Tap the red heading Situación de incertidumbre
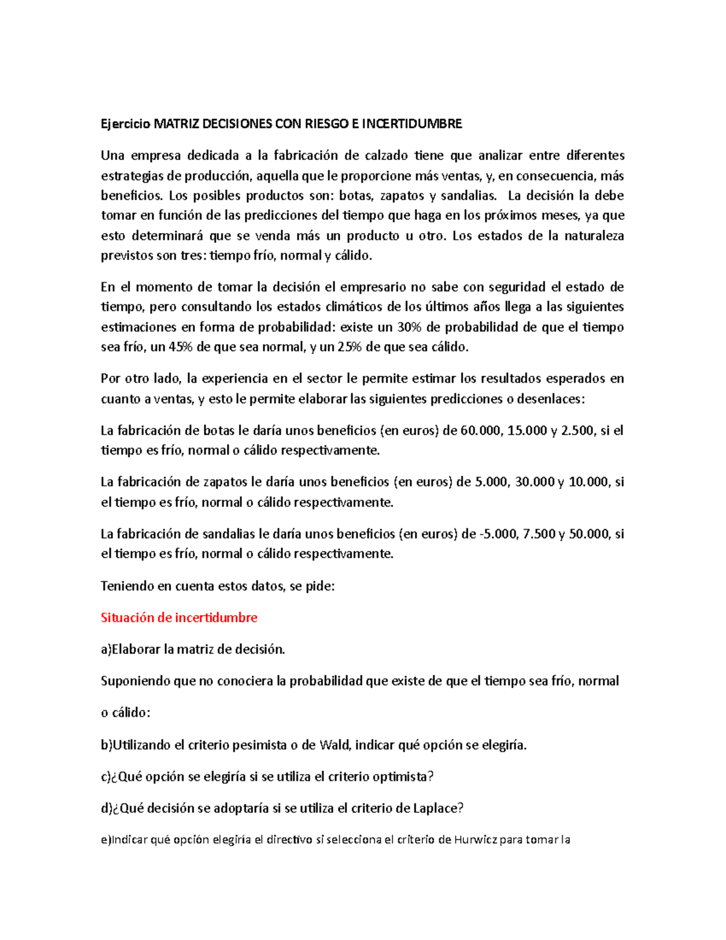point(179,617)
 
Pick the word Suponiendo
point(136,681)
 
